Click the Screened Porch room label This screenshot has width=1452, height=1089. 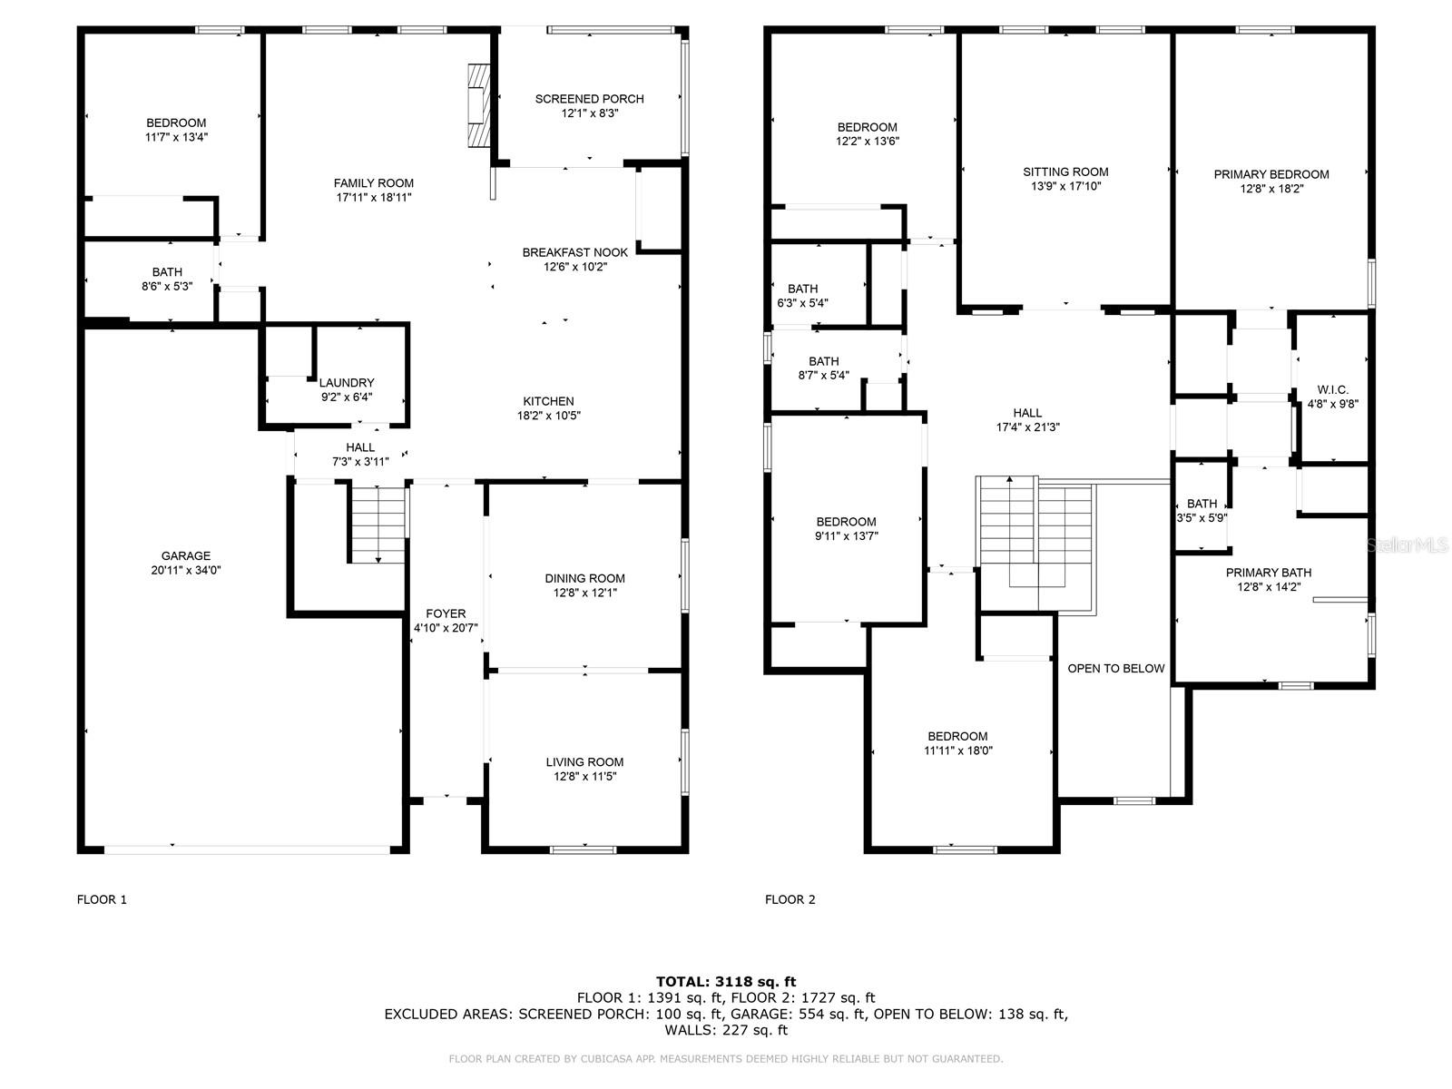pyautogui.click(x=589, y=99)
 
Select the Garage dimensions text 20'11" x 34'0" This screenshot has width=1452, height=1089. pyautogui.click(x=186, y=571)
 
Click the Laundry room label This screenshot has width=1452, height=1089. pyautogui.click(x=346, y=383)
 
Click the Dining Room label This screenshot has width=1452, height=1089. pyautogui.click(x=584, y=578)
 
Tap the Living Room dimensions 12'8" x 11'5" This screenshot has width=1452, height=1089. pyautogui.click(x=584, y=777)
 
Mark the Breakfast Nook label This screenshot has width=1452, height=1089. pyautogui.click(x=574, y=252)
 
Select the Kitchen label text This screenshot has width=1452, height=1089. pyautogui.click(x=548, y=401)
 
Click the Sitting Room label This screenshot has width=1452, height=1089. pyautogui.click(x=1065, y=172)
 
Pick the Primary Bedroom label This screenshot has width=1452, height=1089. pyautogui.click(x=1271, y=174)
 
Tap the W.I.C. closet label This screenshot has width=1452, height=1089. pyautogui.click(x=1332, y=390)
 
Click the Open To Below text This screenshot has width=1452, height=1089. pyautogui.click(x=1115, y=669)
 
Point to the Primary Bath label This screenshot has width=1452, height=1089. pyautogui.click(x=1268, y=573)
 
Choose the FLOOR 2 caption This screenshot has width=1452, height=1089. pyautogui.click(x=790, y=899)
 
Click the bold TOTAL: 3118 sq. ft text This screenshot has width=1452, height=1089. pyautogui.click(x=725, y=981)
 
